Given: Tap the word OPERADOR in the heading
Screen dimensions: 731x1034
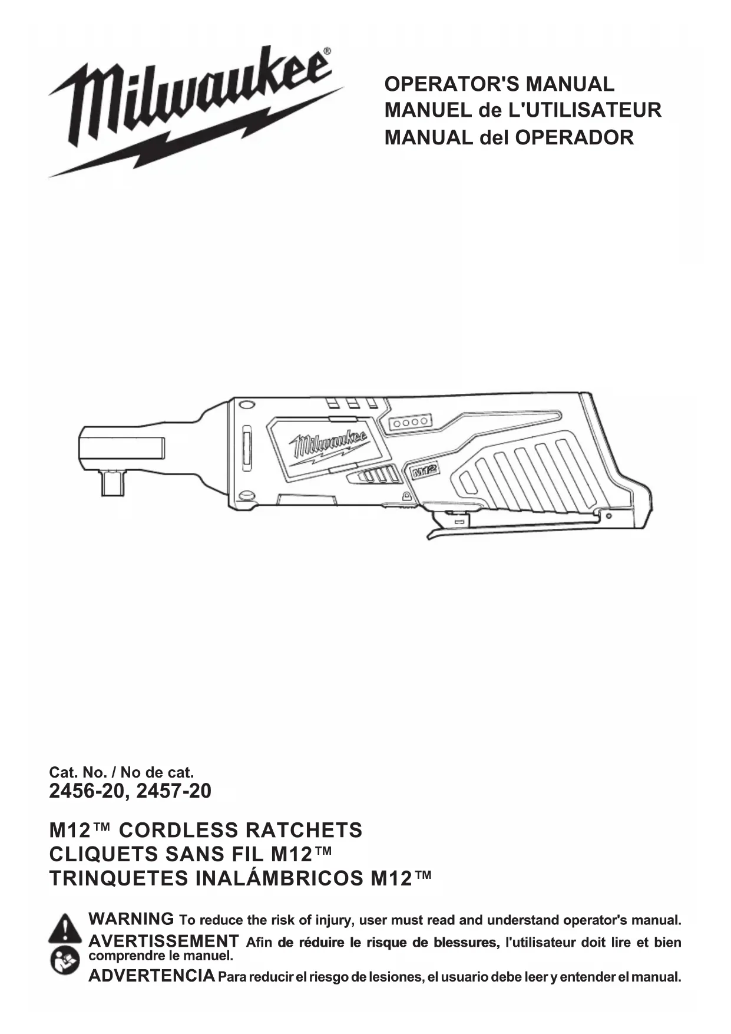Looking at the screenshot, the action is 574,137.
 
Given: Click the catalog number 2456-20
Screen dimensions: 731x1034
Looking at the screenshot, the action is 87,791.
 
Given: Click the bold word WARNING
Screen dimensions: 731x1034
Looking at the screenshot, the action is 131,919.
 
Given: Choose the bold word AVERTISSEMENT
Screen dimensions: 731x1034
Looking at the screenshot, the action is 163,941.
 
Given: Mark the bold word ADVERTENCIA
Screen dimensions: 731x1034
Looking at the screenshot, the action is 151,976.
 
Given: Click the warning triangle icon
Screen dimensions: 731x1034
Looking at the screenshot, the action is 65,928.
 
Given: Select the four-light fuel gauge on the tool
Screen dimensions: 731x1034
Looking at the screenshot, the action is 411,423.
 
